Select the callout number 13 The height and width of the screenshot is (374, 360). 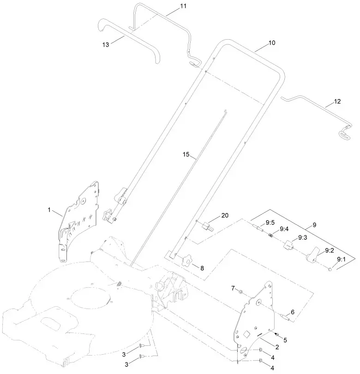(106, 44)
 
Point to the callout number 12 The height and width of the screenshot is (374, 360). (337, 101)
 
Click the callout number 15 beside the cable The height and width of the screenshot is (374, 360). (186, 154)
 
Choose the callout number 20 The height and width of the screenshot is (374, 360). (225, 215)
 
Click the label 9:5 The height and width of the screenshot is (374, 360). (270, 222)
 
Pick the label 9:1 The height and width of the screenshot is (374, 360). (342, 260)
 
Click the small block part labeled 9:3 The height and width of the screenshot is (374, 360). (289, 244)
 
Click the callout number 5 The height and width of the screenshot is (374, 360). (285, 340)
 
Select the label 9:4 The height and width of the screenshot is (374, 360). (284, 229)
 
